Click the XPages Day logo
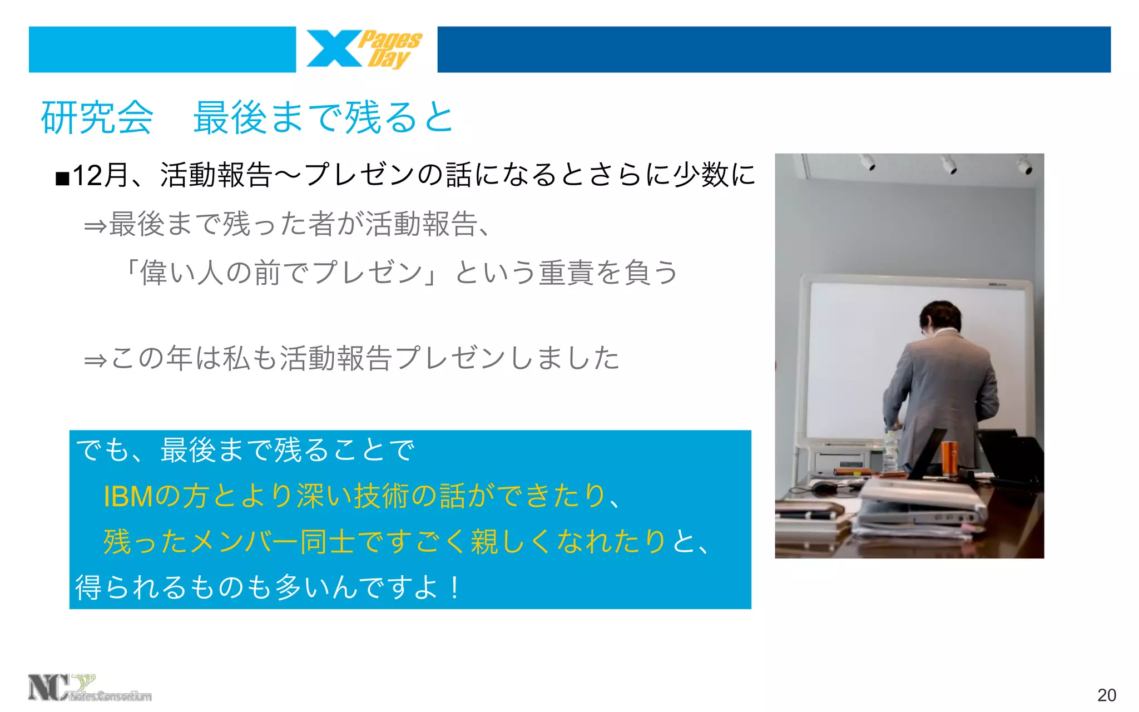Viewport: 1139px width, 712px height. click(364, 50)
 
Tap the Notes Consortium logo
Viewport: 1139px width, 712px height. click(89, 689)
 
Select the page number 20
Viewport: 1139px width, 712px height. click(1106, 695)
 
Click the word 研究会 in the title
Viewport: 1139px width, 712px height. click(97, 117)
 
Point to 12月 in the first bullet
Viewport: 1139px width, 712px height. click(101, 176)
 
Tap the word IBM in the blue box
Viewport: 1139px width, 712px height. click(128, 496)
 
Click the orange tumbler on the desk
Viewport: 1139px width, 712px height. click(948, 457)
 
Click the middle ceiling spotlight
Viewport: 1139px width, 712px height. click(949, 164)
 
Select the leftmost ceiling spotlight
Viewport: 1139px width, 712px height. click(867, 162)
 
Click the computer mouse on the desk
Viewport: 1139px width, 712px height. click(823, 488)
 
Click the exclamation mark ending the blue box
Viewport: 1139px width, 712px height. click(455, 587)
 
